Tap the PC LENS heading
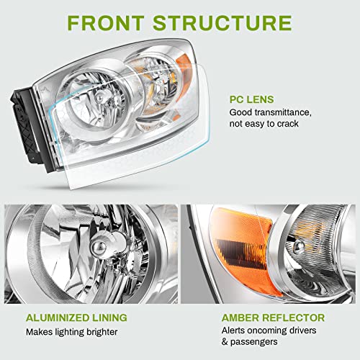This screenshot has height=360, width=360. [x=253, y=99]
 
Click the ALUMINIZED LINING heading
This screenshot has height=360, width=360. [x=77, y=317]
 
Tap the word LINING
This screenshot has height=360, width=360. [x=107, y=317]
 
